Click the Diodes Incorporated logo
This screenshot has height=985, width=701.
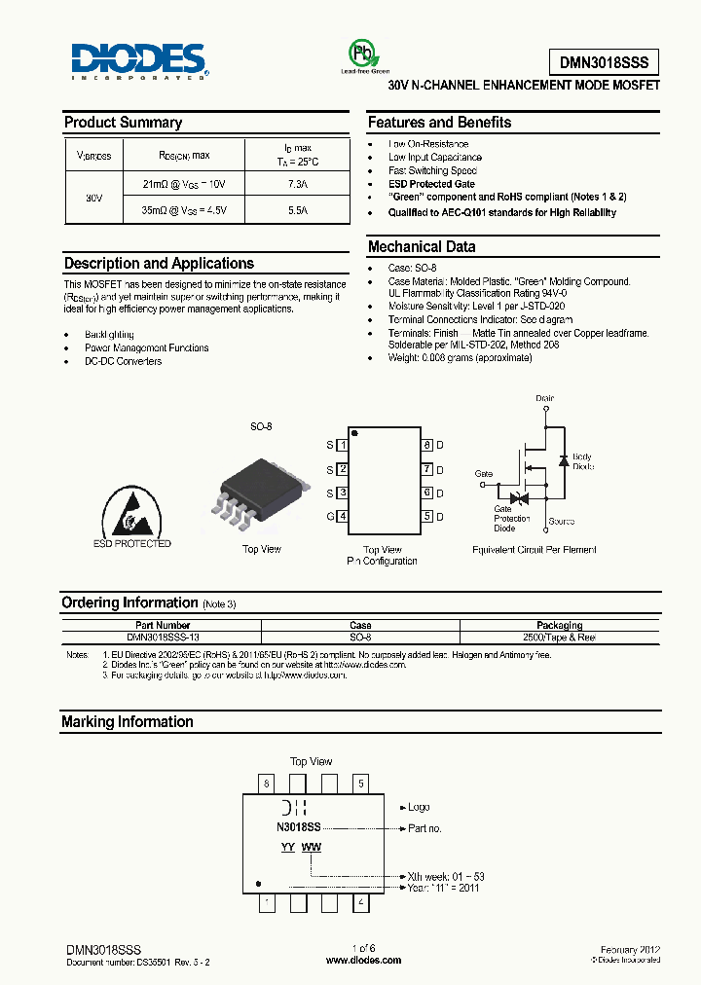click(139, 58)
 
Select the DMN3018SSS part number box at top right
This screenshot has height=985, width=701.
click(604, 62)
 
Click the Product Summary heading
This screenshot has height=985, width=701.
click(123, 123)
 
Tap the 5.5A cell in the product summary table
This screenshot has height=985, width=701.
click(297, 210)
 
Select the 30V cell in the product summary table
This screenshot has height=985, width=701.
click(93, 198)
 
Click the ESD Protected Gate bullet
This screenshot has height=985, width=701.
click(431, 184)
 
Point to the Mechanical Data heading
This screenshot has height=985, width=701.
click(422, 247)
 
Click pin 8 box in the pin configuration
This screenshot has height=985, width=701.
click(426, 445)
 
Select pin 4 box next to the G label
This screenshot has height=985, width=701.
click(343, 517)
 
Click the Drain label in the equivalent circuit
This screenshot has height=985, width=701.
click(545, 398)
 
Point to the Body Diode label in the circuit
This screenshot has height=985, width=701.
click(581, 461)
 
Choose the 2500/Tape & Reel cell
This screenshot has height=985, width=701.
click(559, 637)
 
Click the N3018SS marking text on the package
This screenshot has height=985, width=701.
click(299, 826)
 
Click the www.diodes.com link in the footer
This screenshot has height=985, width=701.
click(363, 960)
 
